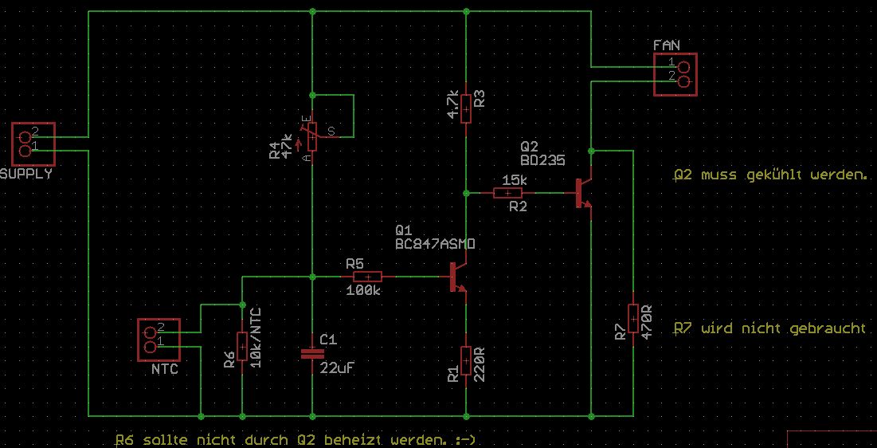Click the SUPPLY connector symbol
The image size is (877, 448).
[x=33, y=143]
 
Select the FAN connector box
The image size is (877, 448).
[x=675, y=75]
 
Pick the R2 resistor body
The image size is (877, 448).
[x=509, y=192]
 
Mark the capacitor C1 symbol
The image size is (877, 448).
[x=311, y=353]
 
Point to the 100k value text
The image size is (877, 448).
[x=363, y=291]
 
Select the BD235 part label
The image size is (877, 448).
[x=542, y=160]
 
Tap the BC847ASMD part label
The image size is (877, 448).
[x=435, y=244]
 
